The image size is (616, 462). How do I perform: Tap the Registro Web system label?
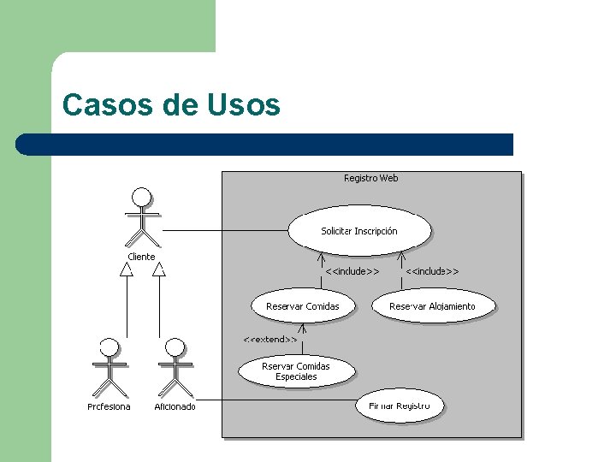tap(370, 179)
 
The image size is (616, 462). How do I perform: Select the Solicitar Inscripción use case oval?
tap(359, 230)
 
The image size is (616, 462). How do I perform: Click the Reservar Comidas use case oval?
tap(302, 306)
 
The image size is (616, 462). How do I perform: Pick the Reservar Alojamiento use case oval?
tap(432, 306)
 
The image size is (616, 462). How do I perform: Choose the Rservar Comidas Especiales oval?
tap(296, 371)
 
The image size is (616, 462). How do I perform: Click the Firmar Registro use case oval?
tap(400, 406)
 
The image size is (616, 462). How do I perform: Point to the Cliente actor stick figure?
tap(142, 214)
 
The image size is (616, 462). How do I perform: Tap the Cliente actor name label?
tap(142, 257)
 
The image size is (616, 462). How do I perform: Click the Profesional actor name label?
tap(110, 407)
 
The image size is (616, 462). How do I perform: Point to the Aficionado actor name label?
tap(175, 407)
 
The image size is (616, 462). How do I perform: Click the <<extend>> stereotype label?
tap(270, 340)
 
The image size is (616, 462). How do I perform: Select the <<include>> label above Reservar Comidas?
tap(352, 271)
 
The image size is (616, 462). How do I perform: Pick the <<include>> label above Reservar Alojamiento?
tap(432, 271)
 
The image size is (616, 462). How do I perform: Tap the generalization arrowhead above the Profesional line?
tap(127, 269)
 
